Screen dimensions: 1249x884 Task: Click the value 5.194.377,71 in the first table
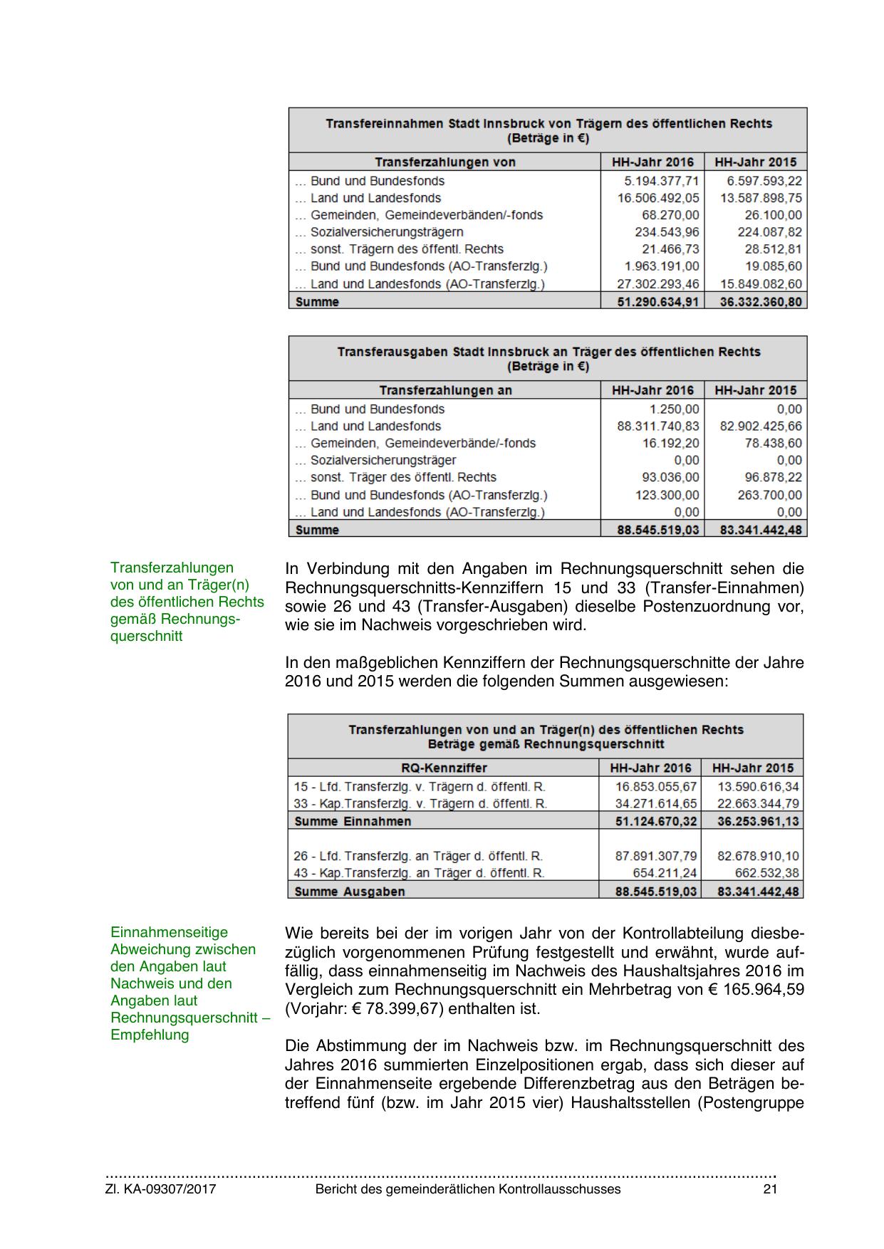pos(661,181)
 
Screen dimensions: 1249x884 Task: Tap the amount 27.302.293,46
pos(658,284)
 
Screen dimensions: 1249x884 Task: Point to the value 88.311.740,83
pos(658,427)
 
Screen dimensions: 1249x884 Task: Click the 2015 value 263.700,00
pos(769,495)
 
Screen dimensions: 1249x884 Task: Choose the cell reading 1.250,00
pos(675,409)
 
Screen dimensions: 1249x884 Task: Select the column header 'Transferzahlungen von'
pos(445,162)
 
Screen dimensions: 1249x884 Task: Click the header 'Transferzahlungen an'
pos(445,390)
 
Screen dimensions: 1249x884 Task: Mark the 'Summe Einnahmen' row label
pos(353,821)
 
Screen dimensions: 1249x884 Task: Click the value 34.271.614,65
pos(656,804)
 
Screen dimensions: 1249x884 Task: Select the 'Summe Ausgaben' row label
pos(349,892)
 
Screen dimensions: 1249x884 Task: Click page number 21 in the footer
pos(769,1189)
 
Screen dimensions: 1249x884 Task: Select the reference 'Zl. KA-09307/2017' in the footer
pos(160,1189)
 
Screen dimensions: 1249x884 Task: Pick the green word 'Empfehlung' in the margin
pos(150,1035)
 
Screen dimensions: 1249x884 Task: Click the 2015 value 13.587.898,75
pos(761,198)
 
